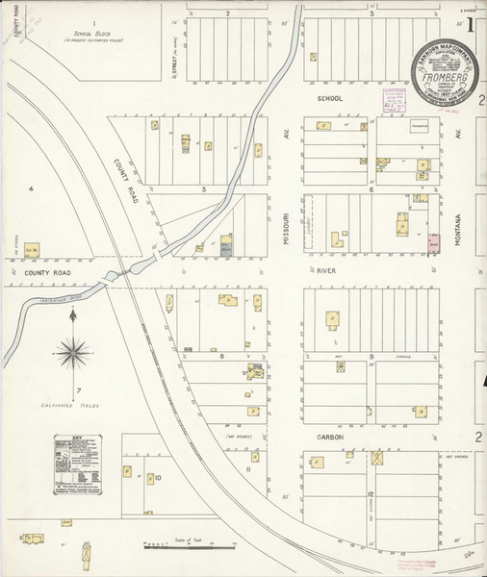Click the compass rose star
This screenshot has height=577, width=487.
pyautogui.click(x=72, y=354)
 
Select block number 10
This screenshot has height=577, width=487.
pyautogui.click(x=158, y=477)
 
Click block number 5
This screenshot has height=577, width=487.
pyautogui.click(x=204, y=189)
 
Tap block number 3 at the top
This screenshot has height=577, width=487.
pyautogui.click(x=372, y=14)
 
